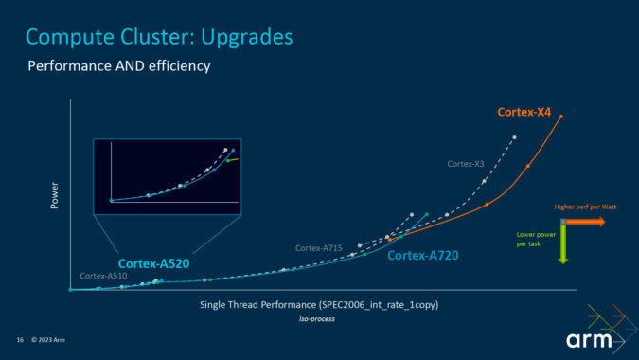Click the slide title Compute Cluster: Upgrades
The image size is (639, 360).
tap(159, 37)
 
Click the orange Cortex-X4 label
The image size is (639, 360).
tap(525, 112)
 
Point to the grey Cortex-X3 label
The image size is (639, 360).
tap(466, 164)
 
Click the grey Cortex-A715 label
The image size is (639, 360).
tap(318, 247)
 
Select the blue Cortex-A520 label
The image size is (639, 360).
tap(151, 264)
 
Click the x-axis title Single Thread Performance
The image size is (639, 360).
tap(319, 305)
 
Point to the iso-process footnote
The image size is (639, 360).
tap(318, 319)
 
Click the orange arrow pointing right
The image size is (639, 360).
tap(587, 222)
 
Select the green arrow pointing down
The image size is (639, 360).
tap(562, 243)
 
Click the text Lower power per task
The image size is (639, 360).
tap(533, 239)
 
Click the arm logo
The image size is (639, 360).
tap(588, 340)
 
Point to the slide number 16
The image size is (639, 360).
tap(19, 340)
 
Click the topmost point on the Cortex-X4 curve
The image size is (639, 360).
tap(561, 117)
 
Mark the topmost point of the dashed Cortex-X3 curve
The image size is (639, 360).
tap(514, 137)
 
